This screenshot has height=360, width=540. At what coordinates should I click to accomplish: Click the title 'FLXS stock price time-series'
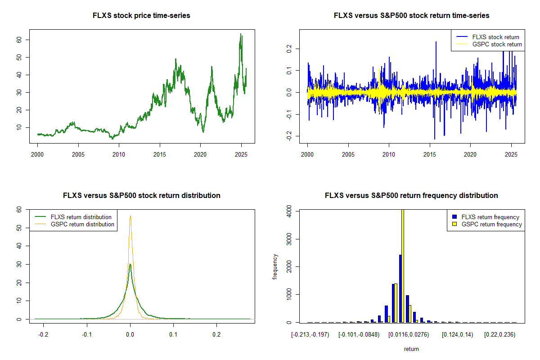141,16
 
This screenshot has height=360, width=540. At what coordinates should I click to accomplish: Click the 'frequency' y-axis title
275,266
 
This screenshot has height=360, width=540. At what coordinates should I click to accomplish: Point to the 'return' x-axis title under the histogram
411,349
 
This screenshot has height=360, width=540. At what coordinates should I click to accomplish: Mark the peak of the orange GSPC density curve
130,216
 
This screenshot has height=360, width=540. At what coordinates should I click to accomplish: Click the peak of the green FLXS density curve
130,264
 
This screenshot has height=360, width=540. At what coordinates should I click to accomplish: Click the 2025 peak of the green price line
241,34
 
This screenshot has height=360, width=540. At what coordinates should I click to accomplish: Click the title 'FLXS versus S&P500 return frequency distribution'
411,196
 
